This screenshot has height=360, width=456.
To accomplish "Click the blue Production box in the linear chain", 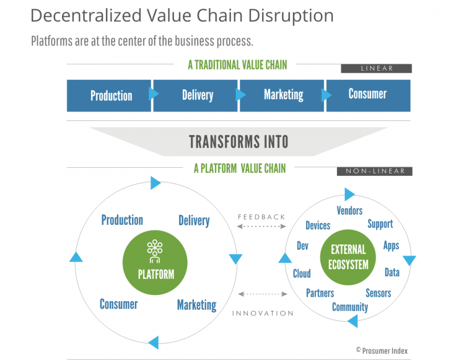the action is pyautogui.click(x=109, y=96).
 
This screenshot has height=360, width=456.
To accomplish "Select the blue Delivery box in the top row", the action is pyautogui.click(x=196, y=96).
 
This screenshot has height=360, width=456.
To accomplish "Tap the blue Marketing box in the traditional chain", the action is pyautogui.click(x=282, y=96).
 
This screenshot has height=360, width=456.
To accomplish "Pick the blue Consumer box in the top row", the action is pyautogui.click(x=368, y=96).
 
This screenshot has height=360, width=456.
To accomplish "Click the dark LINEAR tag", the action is pyautogui.click(x=376, y=68).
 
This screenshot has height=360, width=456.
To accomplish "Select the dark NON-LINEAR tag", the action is pyautogui.click(x=374, y=171).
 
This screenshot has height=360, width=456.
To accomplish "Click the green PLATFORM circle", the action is pyautogui.click(x=155, y=262).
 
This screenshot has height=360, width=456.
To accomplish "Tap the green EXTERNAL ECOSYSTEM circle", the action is pyautogui.click(x=348, y=257).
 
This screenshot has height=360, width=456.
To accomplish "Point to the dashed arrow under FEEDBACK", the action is pyautogui.click(x=262, y=226).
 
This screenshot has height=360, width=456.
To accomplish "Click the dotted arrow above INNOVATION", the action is pyautogui.click(x=263, y=294).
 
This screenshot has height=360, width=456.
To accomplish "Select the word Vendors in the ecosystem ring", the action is pyautogui.click(x=349, y=211).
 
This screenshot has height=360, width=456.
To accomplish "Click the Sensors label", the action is pyautogui.click(x=378, y=293).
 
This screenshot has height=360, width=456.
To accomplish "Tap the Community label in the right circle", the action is pyautogui.click(x=350, y=308).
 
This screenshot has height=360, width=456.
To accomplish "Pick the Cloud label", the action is pyautogui.click(x=302, y=273).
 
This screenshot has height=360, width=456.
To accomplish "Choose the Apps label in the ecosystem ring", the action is pyautogui.click(x=391, y=246).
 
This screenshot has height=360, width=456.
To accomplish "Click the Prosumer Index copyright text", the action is pyautogui.click(x=382, y=351).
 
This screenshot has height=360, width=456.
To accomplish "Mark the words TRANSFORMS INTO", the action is pyautogui.click(x=239, y=141).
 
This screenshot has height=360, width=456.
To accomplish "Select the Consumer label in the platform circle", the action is pyautogui.click(x=119, y=304).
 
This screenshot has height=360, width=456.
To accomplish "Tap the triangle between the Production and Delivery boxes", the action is pyautogui.click(x=153, y=94).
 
